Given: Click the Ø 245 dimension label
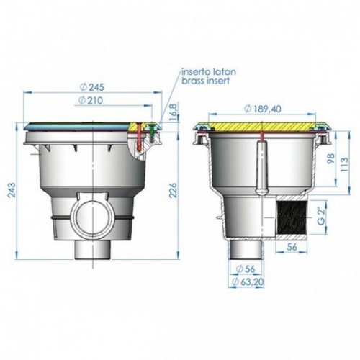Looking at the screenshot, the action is (92, 87).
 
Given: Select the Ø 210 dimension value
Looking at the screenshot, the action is (91, 100).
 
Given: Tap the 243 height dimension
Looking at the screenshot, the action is (12, 189).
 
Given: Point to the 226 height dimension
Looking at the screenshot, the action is (173, 190).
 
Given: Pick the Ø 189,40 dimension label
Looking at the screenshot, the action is (263, 109).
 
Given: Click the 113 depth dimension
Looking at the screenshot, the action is (344, 164).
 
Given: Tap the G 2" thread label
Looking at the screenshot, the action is (321, 217).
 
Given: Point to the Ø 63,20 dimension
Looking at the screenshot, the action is (248, 282).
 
